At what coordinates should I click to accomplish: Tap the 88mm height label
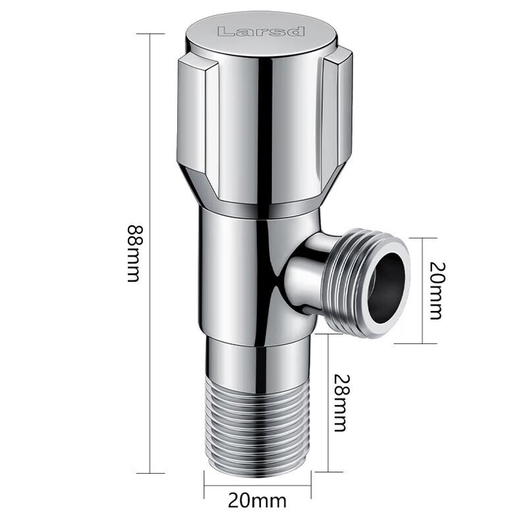(x=133, y=254)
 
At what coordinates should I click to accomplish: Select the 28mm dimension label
(x=339, y=402)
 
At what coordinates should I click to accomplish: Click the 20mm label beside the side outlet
(x=435, y=291)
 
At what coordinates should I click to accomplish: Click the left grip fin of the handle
(x=193, y=125)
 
